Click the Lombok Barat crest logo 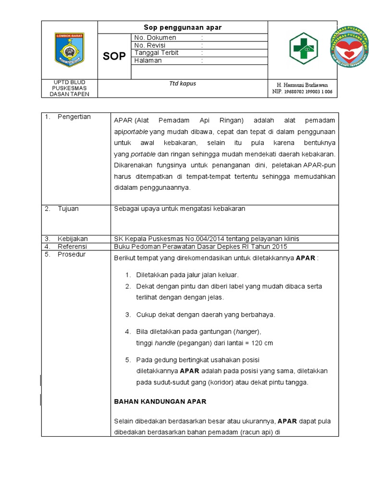point(70,50)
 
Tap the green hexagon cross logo point(303,48)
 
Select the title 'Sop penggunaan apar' point(183,27)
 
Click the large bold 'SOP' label point(114,56)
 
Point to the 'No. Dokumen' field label point(155,37)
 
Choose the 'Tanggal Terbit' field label point(157,53)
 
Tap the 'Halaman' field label point(148,61)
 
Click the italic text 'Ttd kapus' point(183,84)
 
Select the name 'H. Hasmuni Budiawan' point(302,85)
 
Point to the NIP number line point(302,91)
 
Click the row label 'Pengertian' point(74,117)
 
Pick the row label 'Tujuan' point(68,209)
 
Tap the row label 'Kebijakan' point(73,239)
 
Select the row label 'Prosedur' point(72,254)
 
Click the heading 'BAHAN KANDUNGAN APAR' point(160,402)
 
